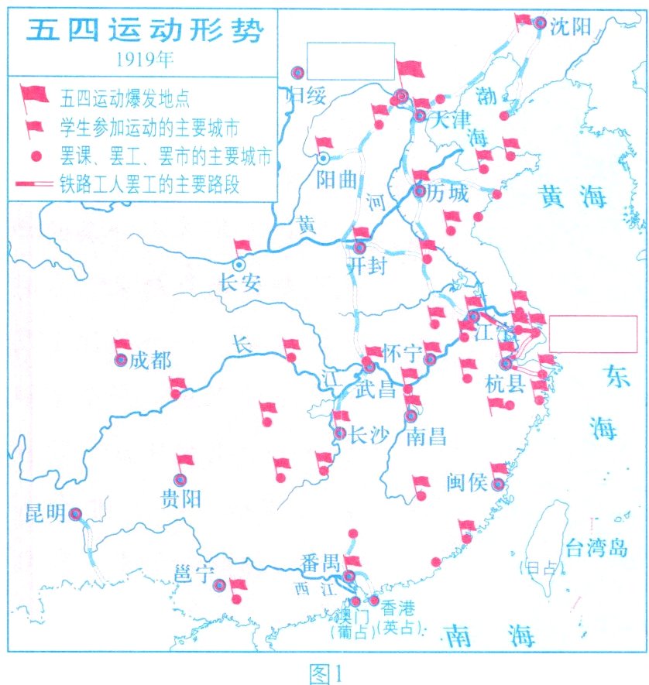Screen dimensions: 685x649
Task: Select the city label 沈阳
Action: [570, 26]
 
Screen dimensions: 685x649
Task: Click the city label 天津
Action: [451, 120]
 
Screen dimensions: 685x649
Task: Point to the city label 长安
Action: [240, 282]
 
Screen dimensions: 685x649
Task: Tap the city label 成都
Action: [149, 360]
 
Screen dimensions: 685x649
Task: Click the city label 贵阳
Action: [180, 498]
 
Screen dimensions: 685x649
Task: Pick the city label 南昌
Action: [426, 437]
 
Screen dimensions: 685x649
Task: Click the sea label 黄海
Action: [572, 199]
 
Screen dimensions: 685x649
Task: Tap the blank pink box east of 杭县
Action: [594, 334]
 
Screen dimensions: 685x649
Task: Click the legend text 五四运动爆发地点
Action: [125, 98]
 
